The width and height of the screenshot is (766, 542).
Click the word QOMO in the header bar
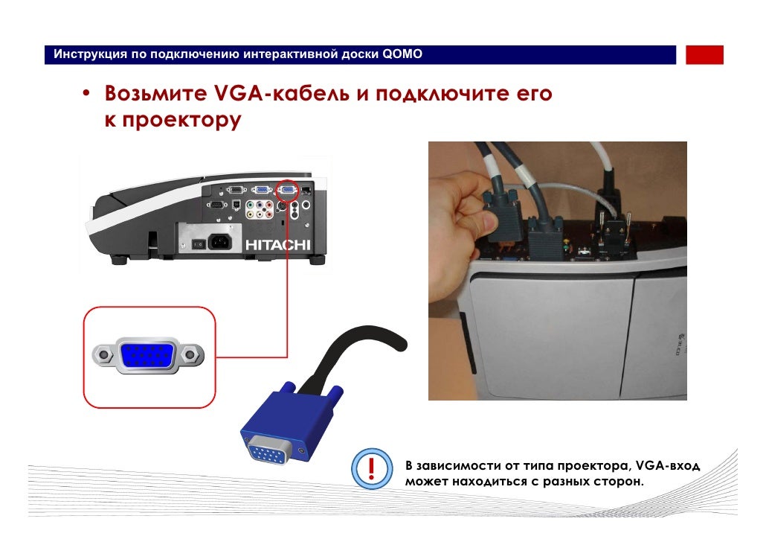(x=402, y=54)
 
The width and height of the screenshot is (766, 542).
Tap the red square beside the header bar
(x=704, y=55)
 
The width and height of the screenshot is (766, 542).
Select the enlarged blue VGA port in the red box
(x=148, y=356)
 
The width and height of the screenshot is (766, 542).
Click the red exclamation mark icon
(x=370, y=469)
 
